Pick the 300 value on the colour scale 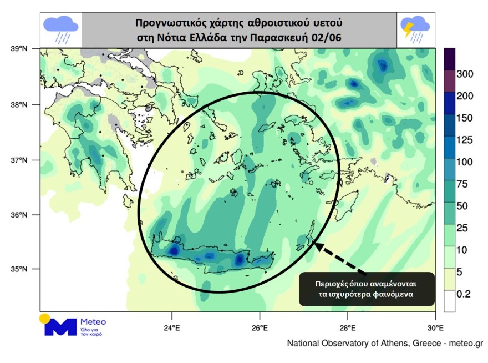(x=464, y=74)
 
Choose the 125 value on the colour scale (x=464, y=140)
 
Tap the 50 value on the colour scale (x=462, y=206)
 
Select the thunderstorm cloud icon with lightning (x=415, y=29)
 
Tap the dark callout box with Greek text (x=367, y=288)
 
